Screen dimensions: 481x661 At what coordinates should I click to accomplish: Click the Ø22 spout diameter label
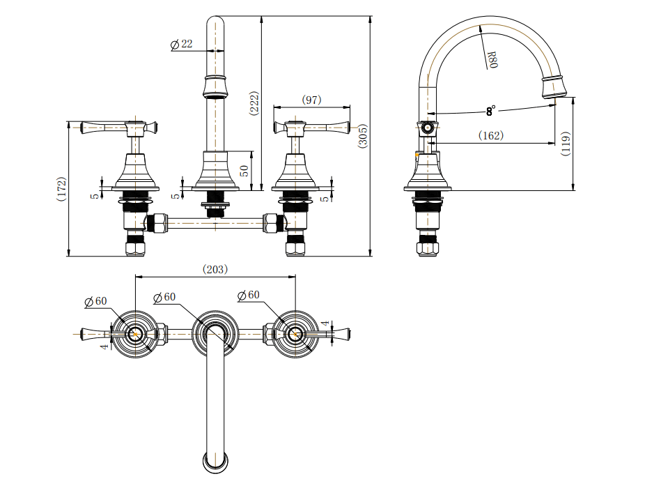[x=182, y=45]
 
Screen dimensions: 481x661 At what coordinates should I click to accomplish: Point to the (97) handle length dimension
[x=311, y=100]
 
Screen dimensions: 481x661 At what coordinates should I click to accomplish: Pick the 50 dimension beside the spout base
[x=245, y=171]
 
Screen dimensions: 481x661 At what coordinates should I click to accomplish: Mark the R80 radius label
[x=492, y=59]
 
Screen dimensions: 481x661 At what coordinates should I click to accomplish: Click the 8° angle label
[x=491, y=110]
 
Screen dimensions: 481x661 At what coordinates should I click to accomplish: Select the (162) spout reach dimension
[x=491, y=136]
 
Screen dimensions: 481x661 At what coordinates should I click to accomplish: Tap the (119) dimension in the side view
[x=566, y=144]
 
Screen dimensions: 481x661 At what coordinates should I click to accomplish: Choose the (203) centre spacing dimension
[x=215, y=269]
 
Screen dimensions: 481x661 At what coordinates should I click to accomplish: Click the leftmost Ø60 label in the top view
[x=95, y=301]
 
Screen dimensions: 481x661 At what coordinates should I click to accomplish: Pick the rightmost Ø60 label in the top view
[x=249, y=296]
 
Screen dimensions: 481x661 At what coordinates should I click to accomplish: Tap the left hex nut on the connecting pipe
[x=156, y=224]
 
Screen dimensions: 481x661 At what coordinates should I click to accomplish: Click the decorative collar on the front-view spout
[x=216, y=86]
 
